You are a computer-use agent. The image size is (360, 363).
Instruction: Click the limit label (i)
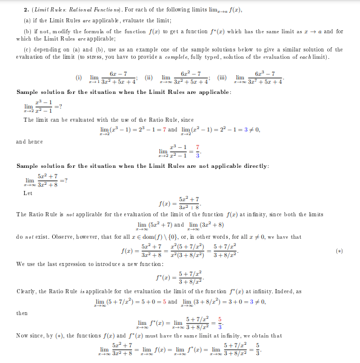[x=78, y=78]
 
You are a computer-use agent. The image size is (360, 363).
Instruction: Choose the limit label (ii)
[x=147, y=78]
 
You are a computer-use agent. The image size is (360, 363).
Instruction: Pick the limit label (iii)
[x=222, y=78]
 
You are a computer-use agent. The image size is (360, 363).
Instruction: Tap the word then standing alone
[x=22, y=313]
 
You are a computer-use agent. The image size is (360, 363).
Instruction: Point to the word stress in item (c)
[x=129, y=57]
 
